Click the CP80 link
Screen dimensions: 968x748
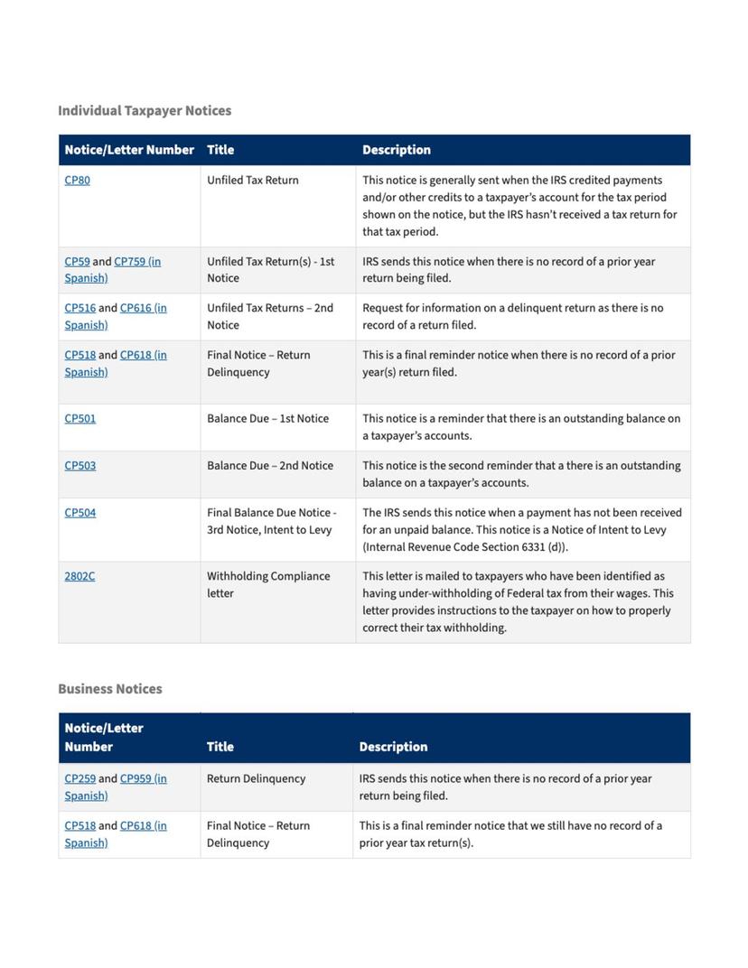[77, 180]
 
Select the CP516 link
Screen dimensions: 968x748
[79, 308]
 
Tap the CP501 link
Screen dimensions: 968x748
[79, 418]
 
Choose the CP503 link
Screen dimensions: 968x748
[79, 465]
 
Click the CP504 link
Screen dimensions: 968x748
[79, 512]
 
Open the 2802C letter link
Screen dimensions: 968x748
[79, 575]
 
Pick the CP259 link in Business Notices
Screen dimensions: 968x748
[79, 778]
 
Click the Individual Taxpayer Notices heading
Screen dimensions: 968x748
[145, 110]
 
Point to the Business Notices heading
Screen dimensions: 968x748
[110, 688]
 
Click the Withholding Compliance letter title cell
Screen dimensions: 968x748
[268, 584]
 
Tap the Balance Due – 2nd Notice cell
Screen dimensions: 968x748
[269, 465]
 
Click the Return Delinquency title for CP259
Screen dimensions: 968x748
[256, 778]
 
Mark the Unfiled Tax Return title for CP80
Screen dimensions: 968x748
[252, 180]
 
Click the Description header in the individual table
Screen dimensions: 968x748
[397, 150]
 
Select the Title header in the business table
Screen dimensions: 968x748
[220, 747]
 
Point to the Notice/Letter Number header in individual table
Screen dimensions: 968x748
[129, 150]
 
